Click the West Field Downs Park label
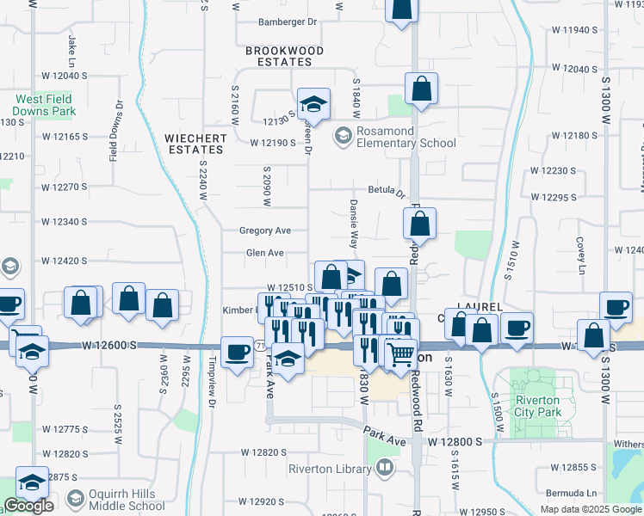point(45,105)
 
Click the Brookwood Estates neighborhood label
point(284,56)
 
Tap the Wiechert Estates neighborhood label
point(196,144)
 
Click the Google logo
point(28,506)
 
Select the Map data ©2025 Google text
point(591,509)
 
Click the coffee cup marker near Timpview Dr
point(237,351)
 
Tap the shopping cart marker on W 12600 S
point(400,352)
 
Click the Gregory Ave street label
point(266,230)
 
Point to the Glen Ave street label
point(264,253)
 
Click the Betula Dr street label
point(386,191)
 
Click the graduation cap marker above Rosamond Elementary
point(314,104)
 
